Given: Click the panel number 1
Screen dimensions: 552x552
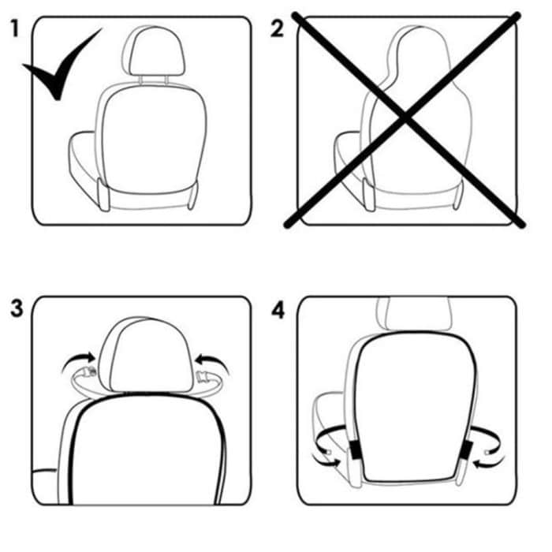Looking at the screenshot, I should [x=14, y=30].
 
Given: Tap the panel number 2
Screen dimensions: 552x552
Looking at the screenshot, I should [x=277, y=29].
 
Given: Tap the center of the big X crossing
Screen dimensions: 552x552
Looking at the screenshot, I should [x=406, y=118].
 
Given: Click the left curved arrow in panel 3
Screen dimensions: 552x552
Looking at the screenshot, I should [x=77, y=362].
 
